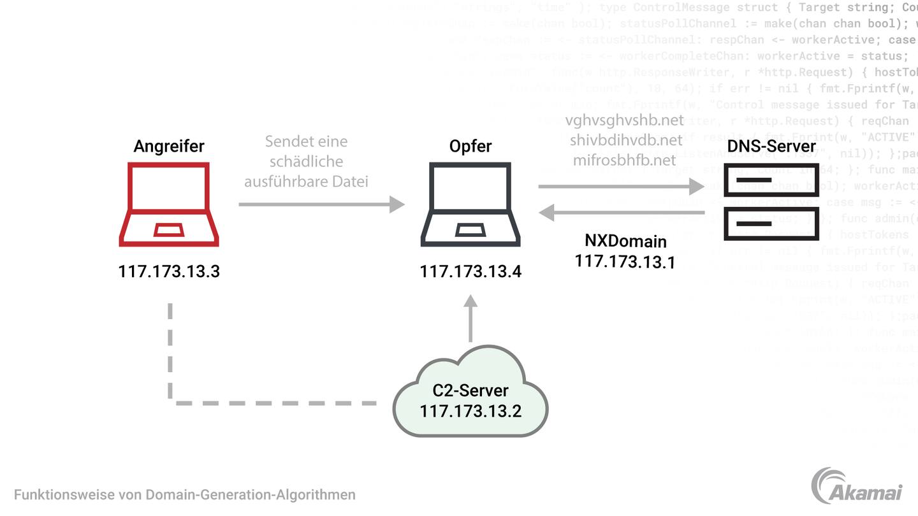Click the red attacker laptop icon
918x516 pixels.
(169, 204)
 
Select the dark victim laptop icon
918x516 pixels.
(470, 204)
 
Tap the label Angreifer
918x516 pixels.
(169, 146)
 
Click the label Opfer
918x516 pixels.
(470, 146)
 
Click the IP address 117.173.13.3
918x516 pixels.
(169, 271)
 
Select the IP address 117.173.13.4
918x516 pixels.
(470, 271)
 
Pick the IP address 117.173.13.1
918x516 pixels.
(625, 261)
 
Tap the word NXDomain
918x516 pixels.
(625, 241)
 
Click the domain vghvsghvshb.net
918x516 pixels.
(624, 120)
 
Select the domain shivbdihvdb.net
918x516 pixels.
(626, 140)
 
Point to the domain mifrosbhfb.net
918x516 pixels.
(624, 160)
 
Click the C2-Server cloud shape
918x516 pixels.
(470, 392)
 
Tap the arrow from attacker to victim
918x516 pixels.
(321, 204)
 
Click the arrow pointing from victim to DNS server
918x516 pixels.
(621, 187)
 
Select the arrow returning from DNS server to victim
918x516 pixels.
(621, 213)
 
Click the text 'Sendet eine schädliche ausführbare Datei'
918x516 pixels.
(307, 161)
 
